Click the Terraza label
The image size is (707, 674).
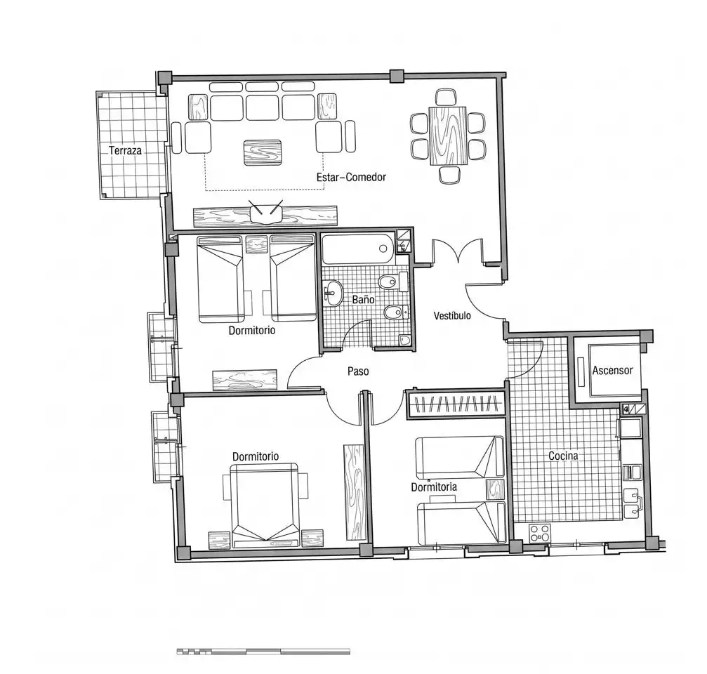[125, 150]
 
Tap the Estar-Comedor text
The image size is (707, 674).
[351, 177]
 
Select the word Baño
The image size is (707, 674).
[364, 299]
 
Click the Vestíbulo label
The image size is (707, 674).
[452, 315]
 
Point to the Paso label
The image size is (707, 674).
[358, 371]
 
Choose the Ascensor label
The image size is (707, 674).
[613, 371]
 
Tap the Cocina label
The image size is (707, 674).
[563, 456]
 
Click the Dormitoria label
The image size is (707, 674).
[434, 487]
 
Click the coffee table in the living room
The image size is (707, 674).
[263, 152]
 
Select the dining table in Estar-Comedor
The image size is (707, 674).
[448, 136]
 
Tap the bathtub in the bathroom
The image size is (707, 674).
[359, 249]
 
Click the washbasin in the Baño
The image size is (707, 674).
[333, 293]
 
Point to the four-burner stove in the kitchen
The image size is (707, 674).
[540, 533]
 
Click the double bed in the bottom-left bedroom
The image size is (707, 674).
[265, 505]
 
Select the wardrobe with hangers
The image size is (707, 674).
[456, 404]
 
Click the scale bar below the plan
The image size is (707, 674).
[263, 652]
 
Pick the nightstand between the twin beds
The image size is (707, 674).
[256, 244]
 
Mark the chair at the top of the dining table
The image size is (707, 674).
[447, 97]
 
